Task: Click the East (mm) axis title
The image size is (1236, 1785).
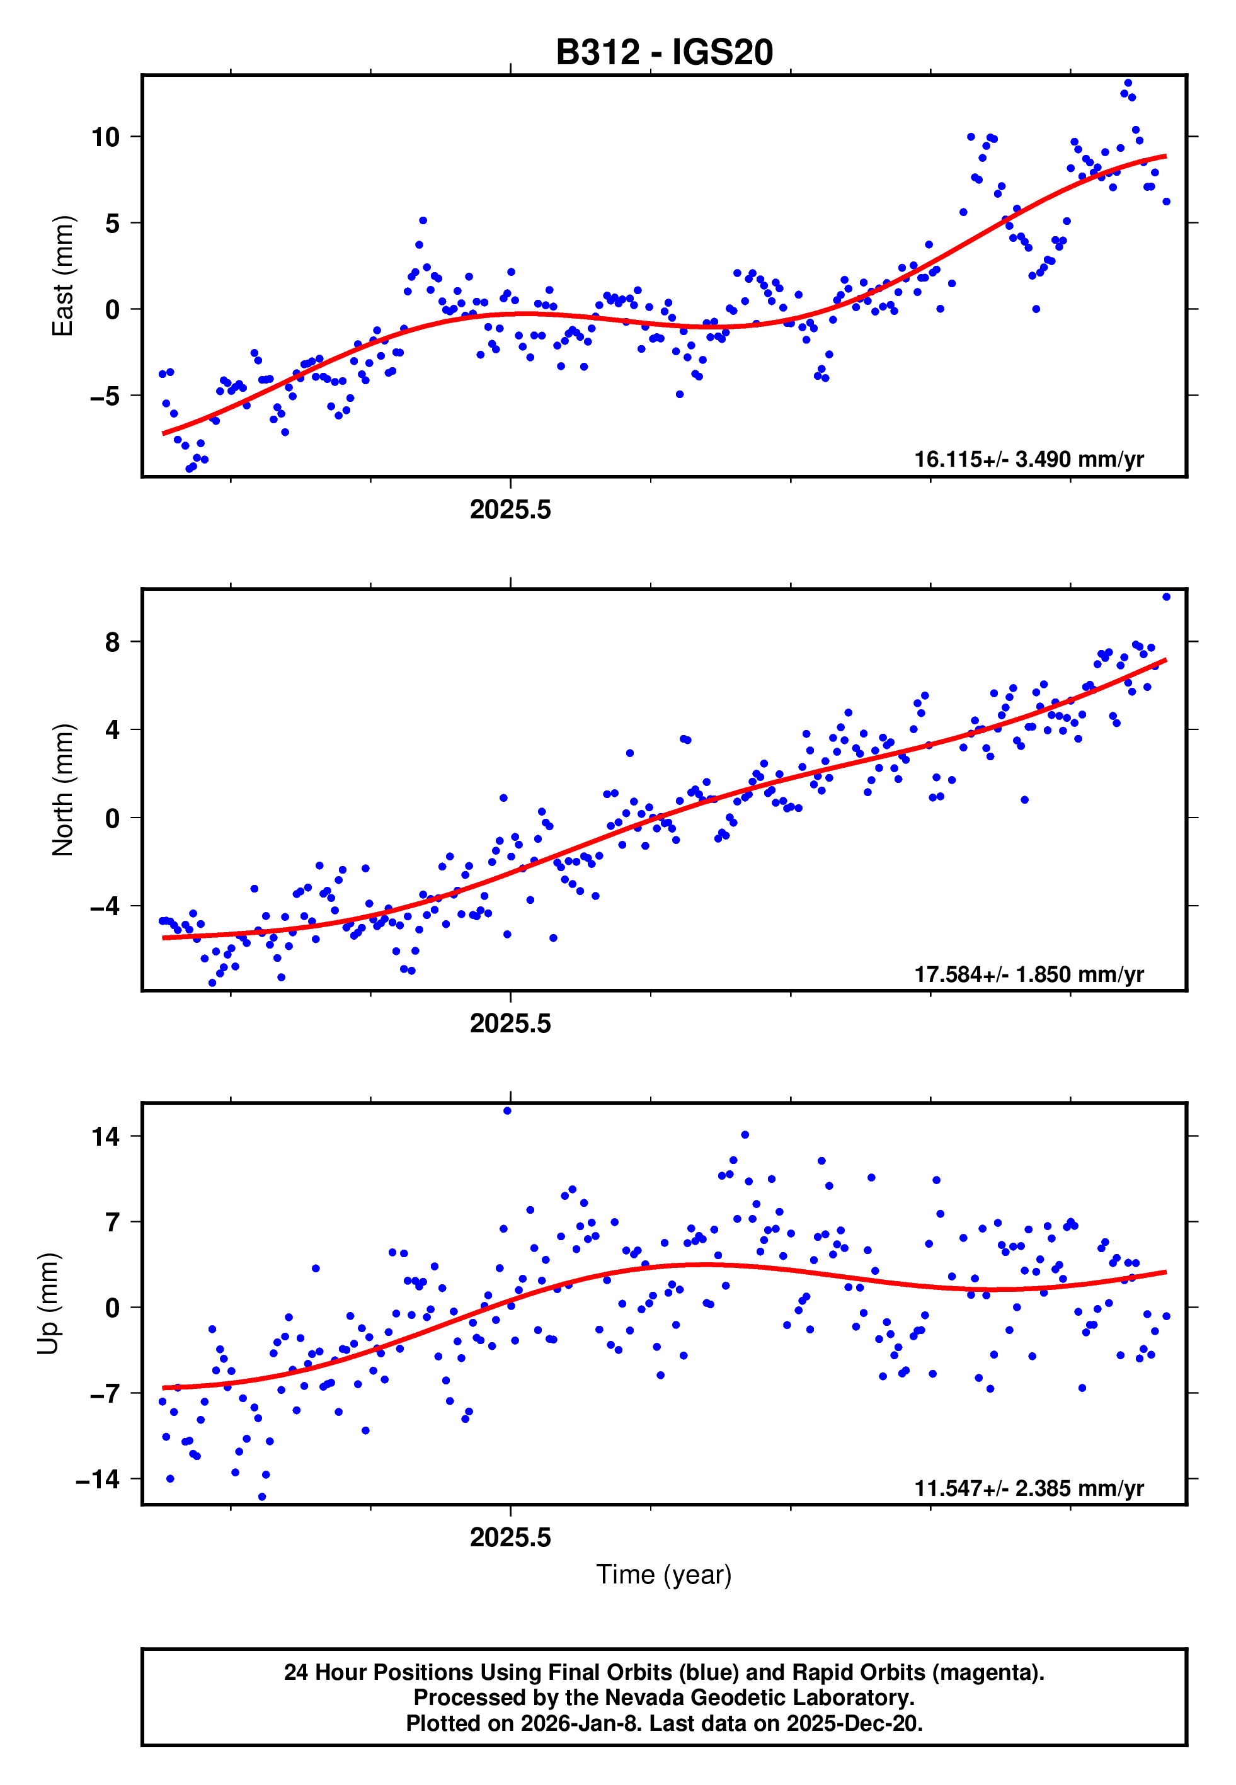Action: pyautogui.click(x=62, y=277)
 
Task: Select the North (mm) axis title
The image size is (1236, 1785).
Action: pyautogui.click(x=62, y=790)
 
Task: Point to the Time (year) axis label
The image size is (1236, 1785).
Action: pyautogui.click(x=664, y=1573)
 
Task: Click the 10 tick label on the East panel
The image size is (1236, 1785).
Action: pyautogui.click(x=105, y=138)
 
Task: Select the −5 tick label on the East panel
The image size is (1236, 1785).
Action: pyautogui.click(x=105, y=396)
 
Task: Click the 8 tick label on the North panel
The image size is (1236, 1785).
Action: pyautogui.click(x=113, y=642)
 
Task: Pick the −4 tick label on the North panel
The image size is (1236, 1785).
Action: pyautogui.click(x=105, y=906)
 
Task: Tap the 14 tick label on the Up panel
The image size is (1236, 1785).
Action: pyautogui.click(x=105, y=1136)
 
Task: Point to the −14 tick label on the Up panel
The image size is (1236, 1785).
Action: pyautogui.click(x=98, y=1480)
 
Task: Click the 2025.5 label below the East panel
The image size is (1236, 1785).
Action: pyautogui.click(x=510, y=510)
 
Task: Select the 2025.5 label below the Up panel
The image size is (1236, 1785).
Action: pyautogui.click(x=510, y=1537)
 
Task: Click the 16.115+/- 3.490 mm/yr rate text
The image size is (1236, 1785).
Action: pyautogui.click(x=1029, y=459)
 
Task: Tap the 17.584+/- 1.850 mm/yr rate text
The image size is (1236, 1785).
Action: pyautogui.click(x=1029, y=974)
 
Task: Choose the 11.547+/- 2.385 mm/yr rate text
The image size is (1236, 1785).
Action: pyautogui.click(x=1029, y=1488)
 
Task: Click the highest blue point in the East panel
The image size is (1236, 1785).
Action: pyautogui.click(x=1128, y=83)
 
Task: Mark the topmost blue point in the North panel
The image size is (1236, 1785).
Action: pyautogui.click(x=1166, y=597)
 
